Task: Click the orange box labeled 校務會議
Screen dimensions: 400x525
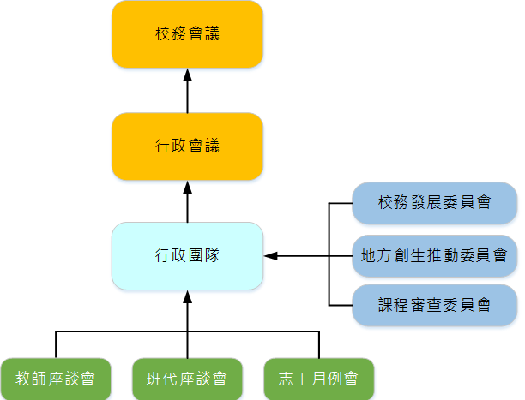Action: (x=187, y=34)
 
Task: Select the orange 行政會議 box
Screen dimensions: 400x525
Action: (x=187, y=146)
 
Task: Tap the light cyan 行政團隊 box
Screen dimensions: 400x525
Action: (x=187, y=255)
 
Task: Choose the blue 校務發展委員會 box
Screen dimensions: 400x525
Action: (x=435, y=203)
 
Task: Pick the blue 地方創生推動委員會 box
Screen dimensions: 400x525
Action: (x=435, y=255)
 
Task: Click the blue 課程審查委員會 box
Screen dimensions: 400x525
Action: (x=435, y=304)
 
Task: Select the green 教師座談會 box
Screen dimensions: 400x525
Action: (x=55, y=378)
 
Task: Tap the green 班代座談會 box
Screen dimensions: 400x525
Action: (x=187, y=378)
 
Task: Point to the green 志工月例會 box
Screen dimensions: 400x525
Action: (x=318, y=378)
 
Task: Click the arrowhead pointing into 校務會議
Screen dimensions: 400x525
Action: (x=187, y=75)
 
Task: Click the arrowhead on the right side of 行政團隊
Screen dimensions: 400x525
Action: (x=270, y=255)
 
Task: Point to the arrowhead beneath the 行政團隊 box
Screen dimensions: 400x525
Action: (x=187, y=296)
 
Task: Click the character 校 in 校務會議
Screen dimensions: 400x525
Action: (x=163, y=34)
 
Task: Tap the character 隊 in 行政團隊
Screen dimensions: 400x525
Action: (x=212, y=255)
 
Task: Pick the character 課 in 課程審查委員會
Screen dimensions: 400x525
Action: (x=386, y=304)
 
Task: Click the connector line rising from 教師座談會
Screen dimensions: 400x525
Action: (x=56, y=344)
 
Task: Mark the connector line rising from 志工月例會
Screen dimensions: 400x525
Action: (x=318, y=344)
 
